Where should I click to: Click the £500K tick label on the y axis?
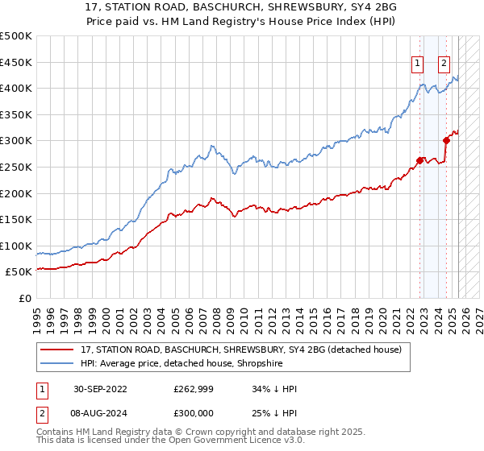tap(16, 36)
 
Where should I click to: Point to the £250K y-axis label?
tap(16, 167)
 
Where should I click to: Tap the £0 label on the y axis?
tap(25, 298)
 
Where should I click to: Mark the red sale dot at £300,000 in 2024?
tap(446, 140)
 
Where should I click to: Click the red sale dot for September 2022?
tap(420, 159)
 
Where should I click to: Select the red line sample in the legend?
tap(57, 350)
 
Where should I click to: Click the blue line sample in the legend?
tap(57, 363)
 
